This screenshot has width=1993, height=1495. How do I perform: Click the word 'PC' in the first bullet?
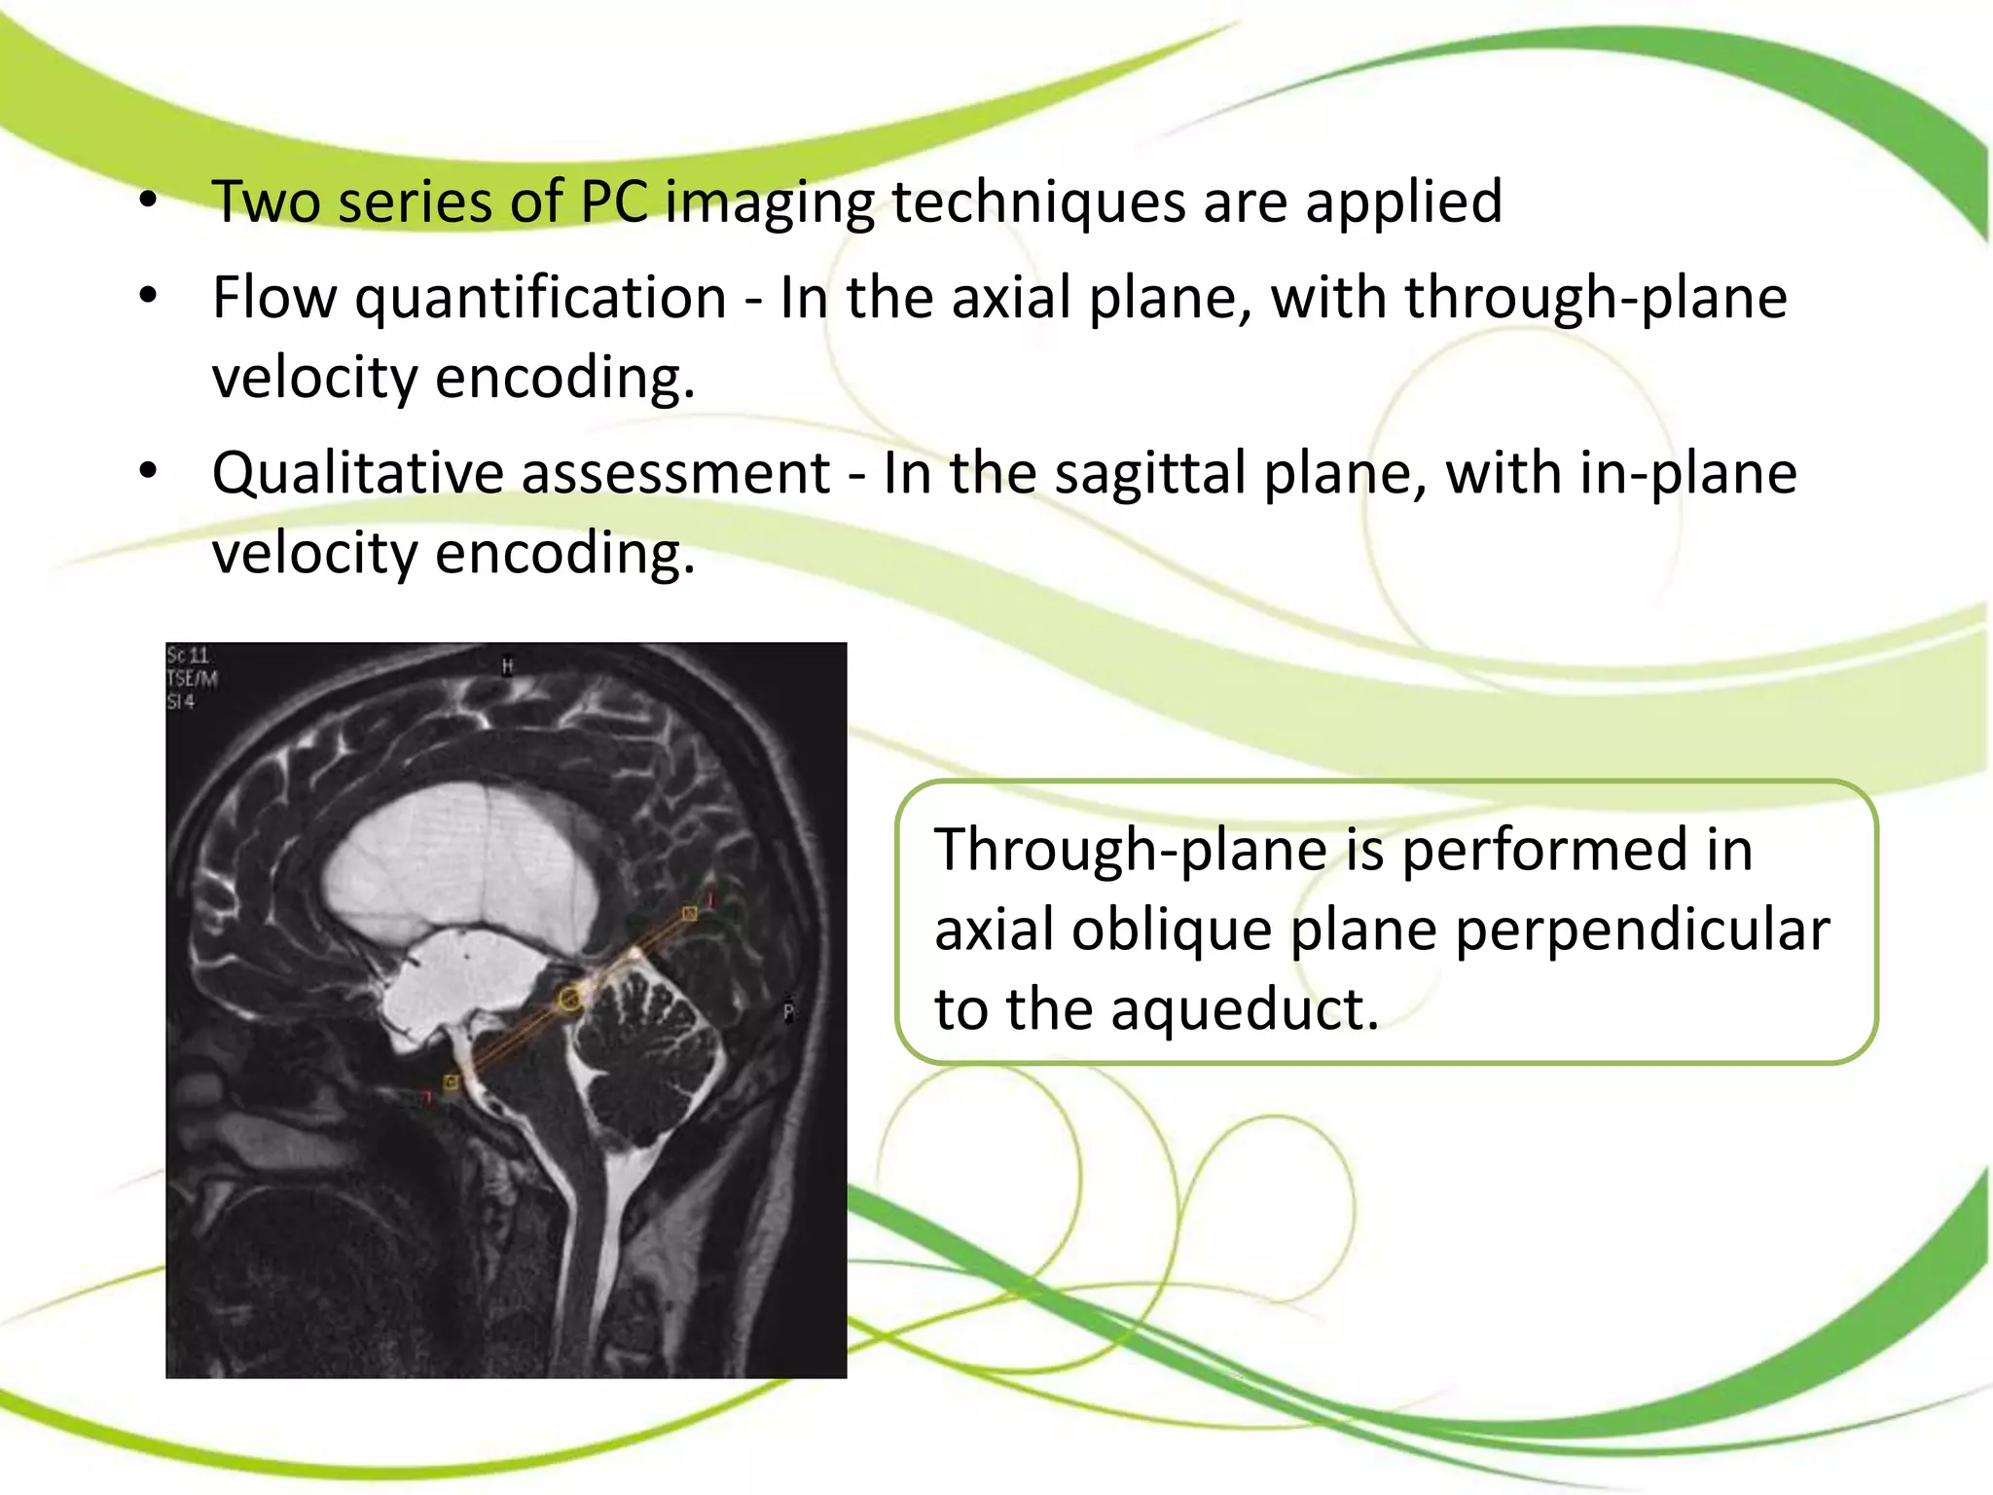point(614,202)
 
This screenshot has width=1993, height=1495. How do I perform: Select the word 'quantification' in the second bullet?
point(540,298)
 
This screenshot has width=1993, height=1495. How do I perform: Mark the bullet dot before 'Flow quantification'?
point(148,295)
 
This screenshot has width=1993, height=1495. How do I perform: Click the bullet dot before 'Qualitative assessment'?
point(148,471)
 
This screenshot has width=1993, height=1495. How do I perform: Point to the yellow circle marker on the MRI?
point(569,999)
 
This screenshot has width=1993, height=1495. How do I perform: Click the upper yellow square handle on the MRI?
point(689,913)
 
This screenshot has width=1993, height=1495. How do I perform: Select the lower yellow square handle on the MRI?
point(451,1081)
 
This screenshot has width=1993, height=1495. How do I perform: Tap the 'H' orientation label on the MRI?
point(507,667)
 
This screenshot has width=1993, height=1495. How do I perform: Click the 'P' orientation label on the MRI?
point(788,1011)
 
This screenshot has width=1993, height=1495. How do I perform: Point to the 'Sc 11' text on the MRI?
point(188,655)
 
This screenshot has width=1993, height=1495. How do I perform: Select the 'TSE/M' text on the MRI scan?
point(192,678)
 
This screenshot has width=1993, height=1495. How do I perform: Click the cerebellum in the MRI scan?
point(647,1051)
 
